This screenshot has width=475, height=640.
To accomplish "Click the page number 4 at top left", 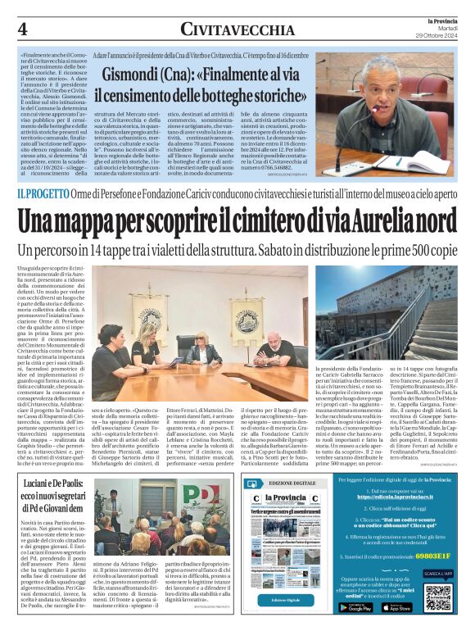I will (x=23, y=28).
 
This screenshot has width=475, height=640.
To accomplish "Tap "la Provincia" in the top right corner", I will (x=434, y=19).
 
